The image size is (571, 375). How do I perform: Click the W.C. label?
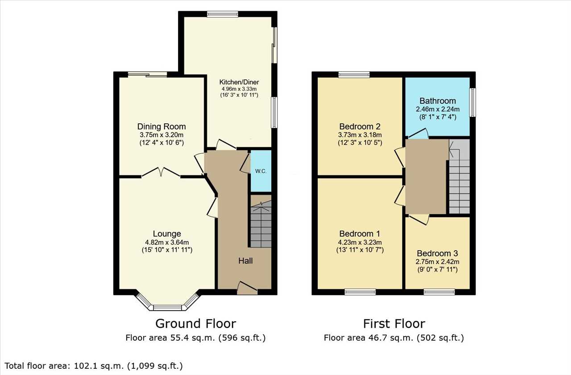pos(261,171)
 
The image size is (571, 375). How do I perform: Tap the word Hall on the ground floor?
pos(245,261)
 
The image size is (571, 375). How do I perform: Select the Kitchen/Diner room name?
pos(239,82)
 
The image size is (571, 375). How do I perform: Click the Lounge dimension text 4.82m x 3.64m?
pos(167,242)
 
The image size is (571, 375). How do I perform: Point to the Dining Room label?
pos(161,126)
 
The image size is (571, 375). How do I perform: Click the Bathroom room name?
pos(438,101)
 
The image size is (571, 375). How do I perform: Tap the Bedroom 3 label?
pos(438,253)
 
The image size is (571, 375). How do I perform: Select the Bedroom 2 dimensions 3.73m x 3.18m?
pos(360,135)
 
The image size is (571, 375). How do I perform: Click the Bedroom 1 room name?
pos(360,233)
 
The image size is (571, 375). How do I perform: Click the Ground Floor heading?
pos(196,324)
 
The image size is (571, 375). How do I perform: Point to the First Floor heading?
pos(394,324)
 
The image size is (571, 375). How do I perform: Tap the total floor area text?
pos(94,366)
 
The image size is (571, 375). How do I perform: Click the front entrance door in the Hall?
pos(247,288)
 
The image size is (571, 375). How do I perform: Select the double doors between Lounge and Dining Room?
pos(161,172)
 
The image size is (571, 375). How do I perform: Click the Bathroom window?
pos(472,102)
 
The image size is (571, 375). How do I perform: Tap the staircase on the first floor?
pos(459,176)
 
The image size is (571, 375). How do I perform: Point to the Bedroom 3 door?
pos(418,219)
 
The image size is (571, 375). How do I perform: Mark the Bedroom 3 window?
pos(439,292)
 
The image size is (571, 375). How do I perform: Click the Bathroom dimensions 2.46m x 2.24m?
pos(438,110)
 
